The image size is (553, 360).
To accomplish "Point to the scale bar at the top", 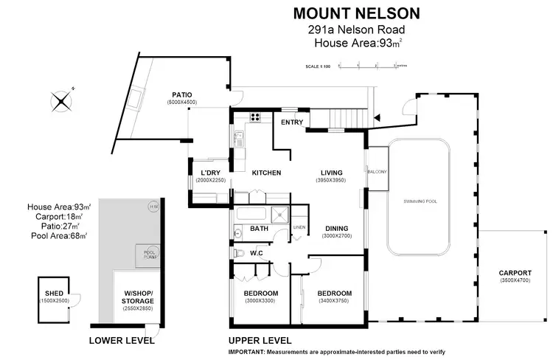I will point(366,66).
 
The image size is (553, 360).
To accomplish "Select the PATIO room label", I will point(182,95).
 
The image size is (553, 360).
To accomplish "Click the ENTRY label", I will point(292,122).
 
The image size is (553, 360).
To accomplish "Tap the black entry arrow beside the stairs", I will point(378,118).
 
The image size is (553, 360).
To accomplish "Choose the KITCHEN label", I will point(266,173).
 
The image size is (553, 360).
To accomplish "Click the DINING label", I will point(335,228).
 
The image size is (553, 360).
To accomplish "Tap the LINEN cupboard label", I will point(299,227).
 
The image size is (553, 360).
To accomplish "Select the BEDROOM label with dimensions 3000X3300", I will point(260,293).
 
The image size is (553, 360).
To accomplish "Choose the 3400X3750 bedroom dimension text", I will point(334,300).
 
